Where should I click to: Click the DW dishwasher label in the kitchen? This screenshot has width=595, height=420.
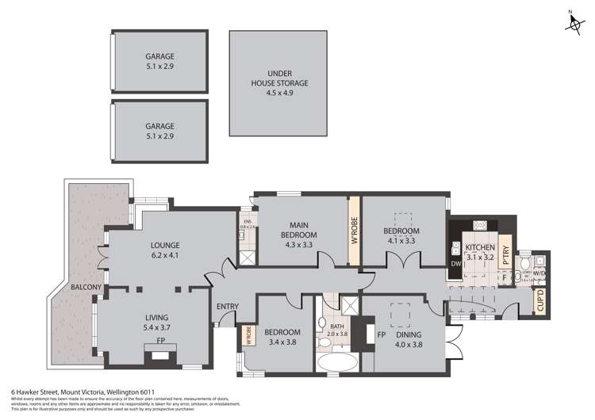click(455, 264)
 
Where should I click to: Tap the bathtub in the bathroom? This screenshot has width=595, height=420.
click(336, 363)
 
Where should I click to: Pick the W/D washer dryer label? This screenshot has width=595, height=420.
click(539, 273)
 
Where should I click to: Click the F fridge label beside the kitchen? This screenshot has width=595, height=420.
click(504, 277)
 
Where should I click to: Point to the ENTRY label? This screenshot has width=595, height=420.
click(227, 307)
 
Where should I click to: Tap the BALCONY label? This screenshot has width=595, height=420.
click(85, 286)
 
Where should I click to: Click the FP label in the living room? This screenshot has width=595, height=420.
click(160, 341)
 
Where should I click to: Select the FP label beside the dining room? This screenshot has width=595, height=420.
click(381, 334)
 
